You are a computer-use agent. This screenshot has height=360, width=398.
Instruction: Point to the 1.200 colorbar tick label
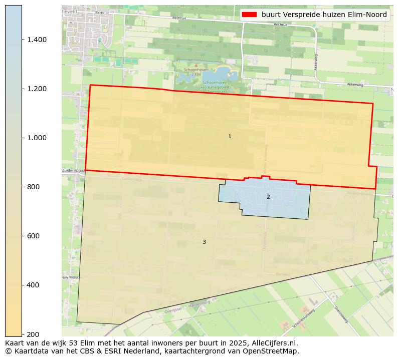[37, 89]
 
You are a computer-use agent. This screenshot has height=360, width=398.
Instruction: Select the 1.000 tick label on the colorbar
[37, 138]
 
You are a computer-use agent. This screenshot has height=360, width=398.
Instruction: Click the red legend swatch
[249, 15]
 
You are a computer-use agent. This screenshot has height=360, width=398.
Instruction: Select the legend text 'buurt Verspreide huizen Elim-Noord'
[324, 15]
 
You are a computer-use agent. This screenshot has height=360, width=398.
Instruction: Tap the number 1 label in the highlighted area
[230, 136]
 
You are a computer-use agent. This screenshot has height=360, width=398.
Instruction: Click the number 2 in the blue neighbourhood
[268, 197]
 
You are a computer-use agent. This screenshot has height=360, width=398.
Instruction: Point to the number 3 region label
[204, 242]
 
